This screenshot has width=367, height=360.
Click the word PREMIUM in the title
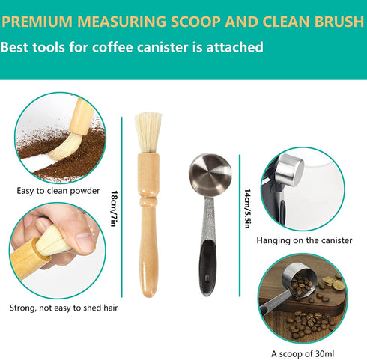click(x=37, y=22)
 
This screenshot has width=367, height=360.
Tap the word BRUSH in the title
click(x=339, y=22)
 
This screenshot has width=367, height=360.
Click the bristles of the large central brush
click(x=148, y=132)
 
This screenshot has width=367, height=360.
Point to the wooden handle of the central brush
click(x=149, y=225)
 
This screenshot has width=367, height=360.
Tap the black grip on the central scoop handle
click(x=207, y=267)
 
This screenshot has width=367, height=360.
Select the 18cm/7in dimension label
click(x=114, y=209)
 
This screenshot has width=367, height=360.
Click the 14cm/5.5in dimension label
click(x=247, y=209)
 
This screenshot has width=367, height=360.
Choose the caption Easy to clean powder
click(x=58, y=191)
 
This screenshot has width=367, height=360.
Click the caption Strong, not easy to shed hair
click(x=64, y=308)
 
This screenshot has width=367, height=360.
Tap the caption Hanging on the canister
click(x=304, y=240)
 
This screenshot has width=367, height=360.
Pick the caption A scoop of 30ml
click(x=303, y=353)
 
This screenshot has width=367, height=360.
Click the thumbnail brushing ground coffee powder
click(x=60, y=138)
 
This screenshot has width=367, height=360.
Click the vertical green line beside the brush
click(x=121, y=207)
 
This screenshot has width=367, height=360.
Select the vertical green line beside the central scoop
click(x=240, y=225)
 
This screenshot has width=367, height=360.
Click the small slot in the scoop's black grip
click(x=207, y=278)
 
